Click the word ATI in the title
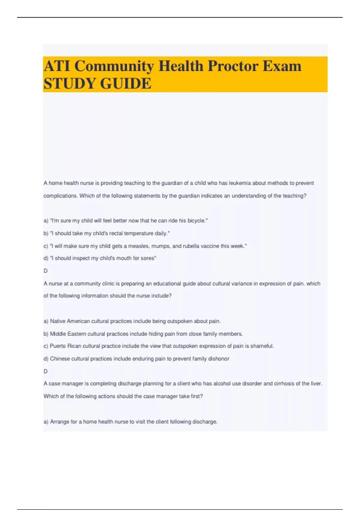point(57,66)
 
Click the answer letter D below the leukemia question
point(46,271)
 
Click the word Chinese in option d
point(60,358)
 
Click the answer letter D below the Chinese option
point(46,371)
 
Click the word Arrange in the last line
point(59,421)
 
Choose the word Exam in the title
point(282,66)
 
